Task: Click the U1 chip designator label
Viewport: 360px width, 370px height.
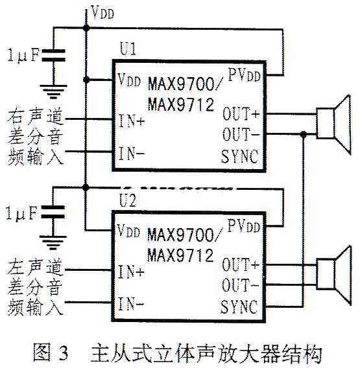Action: click(128, 49)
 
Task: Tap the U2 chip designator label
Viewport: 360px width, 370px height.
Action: click(128, 200)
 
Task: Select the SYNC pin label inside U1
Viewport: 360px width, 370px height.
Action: click(240, 156)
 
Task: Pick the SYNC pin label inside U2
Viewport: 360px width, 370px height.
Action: click(239, 306)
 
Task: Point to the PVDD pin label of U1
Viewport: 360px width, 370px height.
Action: click(245, 75)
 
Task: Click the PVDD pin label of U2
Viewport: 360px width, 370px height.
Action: click(243, 225)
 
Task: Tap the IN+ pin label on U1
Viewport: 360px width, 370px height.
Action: click(131, 121)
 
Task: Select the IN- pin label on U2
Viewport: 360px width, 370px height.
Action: click(131, 304)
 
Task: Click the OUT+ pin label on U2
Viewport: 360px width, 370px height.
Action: click(241, 264)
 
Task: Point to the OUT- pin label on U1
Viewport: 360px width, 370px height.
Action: click(241, 134)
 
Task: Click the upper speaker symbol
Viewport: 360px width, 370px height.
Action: click(333, 124)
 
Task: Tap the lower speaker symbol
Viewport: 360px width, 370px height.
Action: click(333, 275)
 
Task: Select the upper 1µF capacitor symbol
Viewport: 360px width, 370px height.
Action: click(53, 55)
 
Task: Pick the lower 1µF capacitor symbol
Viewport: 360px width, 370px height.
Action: click(53, 212)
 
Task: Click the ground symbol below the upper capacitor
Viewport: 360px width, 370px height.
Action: click(53, 91)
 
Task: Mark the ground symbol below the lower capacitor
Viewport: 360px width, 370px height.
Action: click(53, 242)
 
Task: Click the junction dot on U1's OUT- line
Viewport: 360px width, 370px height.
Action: click(304, 135)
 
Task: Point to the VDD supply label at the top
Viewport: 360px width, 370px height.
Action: click(102, 12)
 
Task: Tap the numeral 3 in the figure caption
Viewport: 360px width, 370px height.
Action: click(64, 353)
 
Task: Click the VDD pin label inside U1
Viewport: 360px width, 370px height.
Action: click(129, 80)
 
